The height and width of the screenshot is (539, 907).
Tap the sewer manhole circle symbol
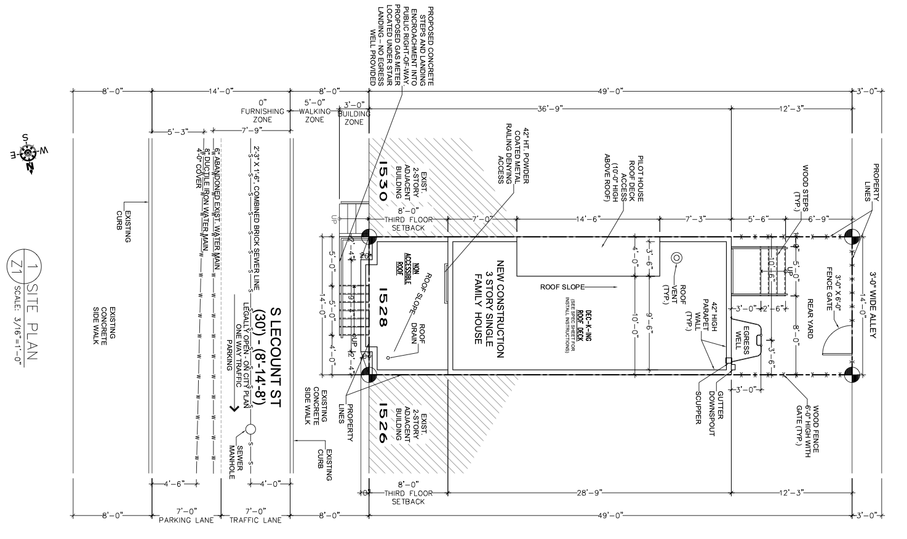(x=250, y=429)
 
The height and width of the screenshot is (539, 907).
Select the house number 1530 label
(x=383, y=182)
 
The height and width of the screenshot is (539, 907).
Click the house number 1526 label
(x=383, y=423)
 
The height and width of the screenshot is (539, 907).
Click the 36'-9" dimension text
(x=551, y=108)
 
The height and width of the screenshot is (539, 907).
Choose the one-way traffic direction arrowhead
(x=234, y=407)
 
